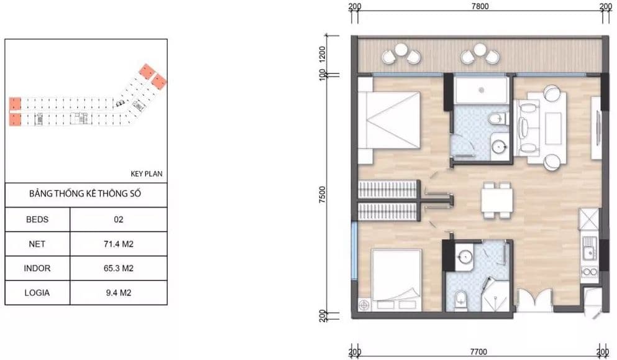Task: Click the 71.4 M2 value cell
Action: coord(119,244)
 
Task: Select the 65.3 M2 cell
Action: coord(119,269)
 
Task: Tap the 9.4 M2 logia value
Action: coord(119,293)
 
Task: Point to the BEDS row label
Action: coord(37,219)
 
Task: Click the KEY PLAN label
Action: coord(147,173)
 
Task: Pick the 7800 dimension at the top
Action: coord(480,6)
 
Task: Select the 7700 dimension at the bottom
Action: coord(478,352)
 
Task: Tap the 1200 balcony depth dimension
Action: coord(322,55)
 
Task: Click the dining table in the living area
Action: coord(497,200)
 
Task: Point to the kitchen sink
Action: coord(589,249)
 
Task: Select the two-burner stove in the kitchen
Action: coord(589,272)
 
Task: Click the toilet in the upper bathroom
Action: coord(497,118)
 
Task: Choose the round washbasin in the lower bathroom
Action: coord(465,257)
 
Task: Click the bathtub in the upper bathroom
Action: coord(482,91)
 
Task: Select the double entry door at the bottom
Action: coord(534,300)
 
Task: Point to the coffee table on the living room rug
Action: coord(553,128)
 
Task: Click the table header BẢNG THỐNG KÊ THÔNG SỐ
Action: coord(85,194)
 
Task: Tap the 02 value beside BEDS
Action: coord(119,219)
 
